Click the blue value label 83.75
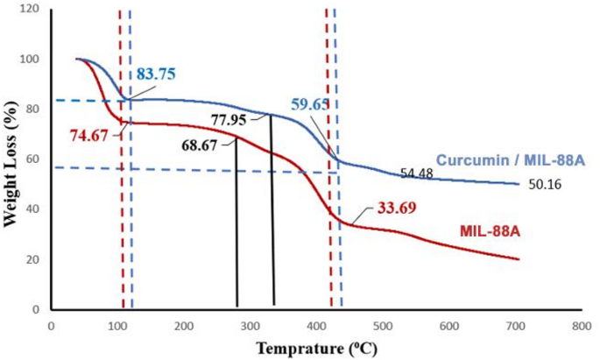click(156, 74)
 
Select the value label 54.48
click(418, 173)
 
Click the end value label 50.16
click(546, 185)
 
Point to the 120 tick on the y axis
click(31, 10)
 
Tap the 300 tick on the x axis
click(250, 325)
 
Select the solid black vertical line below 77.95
click(273, 215)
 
